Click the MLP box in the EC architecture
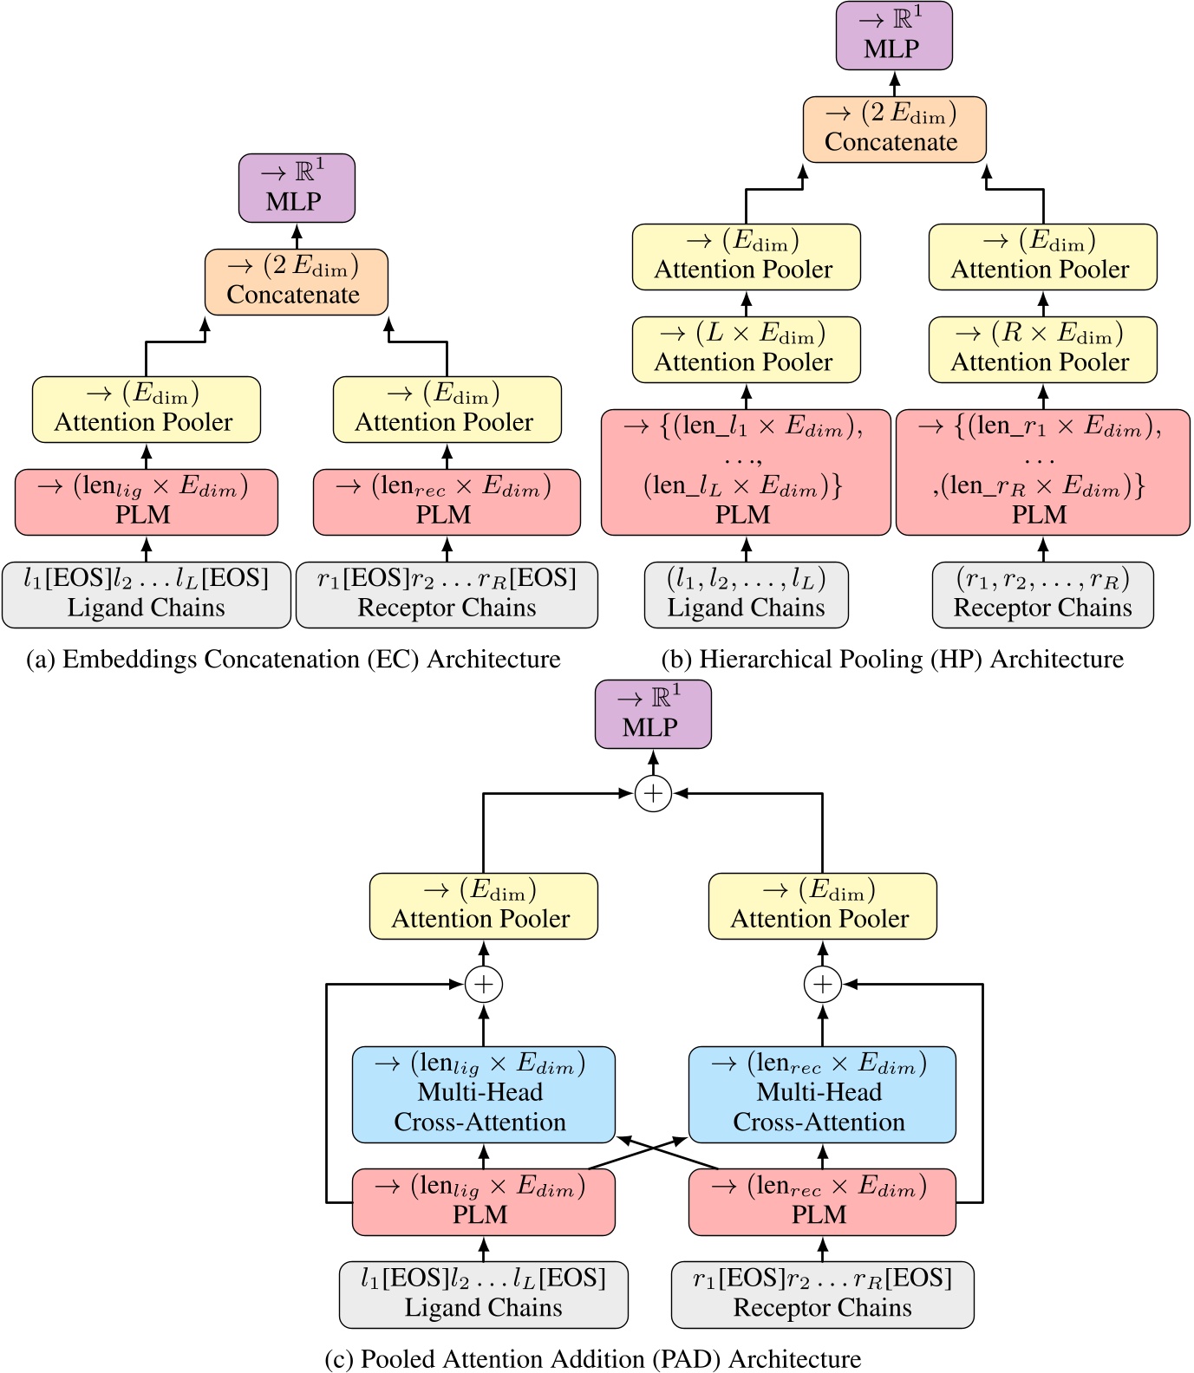[x=297, y=188]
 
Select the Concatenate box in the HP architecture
[x=894, y=129]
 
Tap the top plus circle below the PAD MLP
[x=653, y=793]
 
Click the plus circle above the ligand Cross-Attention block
[x=484, y=984]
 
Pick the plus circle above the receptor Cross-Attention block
[x=822, y=984]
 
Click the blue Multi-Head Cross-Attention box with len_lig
[x=483, y=1094]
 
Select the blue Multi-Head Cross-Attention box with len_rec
[x=822, y=1094]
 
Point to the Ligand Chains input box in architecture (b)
[x=746, y=595]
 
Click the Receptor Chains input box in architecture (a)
[x=447, y=595]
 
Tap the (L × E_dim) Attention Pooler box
[x=746, y=349]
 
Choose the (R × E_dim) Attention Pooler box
[x=1042, y=349]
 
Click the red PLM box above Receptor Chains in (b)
[x=1042, y=472]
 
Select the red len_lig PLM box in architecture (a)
[x=146, y=502]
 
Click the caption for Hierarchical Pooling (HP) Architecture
[x=891, y=660]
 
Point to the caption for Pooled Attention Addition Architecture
[x=592, y=1358]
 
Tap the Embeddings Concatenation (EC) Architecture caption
[x=293, y=660]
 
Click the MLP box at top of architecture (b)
[x=894, y=36]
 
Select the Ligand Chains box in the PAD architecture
[x=483, y=1294]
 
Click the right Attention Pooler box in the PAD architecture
[x=822, y=906]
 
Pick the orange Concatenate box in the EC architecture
[x=296, y=282]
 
